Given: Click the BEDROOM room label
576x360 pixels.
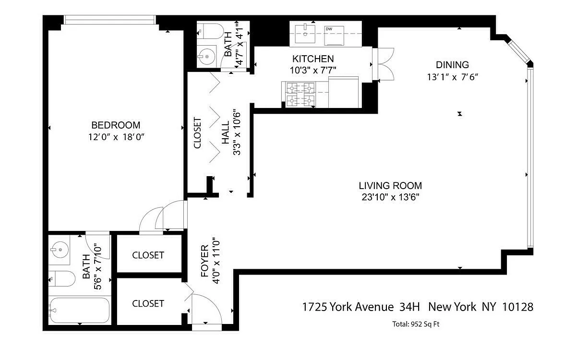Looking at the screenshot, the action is click(116, 125).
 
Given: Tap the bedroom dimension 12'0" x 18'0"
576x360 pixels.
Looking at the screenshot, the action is click(116, 137).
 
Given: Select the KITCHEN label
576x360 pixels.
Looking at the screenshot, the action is click(313, 59).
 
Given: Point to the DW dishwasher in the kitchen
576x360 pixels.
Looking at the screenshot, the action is click(334, 36).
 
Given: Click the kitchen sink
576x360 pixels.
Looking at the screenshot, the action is click(305, 34).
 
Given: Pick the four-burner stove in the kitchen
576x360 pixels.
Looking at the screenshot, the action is click(300, 95).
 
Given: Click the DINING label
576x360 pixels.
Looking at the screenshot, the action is click(452, 65).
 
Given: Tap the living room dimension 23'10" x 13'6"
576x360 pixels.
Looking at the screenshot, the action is click(390, 197).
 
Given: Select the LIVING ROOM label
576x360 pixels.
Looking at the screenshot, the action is click(390, 186).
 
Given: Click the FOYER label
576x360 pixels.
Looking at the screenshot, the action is click(204, 261).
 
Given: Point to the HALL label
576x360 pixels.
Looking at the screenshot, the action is click(226, 132).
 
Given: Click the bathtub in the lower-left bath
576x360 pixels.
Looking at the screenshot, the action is click(80, 311).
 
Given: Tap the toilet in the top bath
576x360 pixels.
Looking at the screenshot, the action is click(211, 31).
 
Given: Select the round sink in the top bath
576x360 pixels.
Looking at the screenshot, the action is click(207, 57).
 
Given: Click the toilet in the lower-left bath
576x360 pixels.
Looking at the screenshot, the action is click(62, 279).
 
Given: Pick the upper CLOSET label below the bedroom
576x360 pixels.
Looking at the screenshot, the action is click(148, 255).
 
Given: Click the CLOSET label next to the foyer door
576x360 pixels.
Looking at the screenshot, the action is click(148, 304).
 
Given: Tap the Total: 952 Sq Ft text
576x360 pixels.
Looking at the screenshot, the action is click(416, 324).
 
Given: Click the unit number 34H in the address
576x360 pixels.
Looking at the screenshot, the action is click(409, 307).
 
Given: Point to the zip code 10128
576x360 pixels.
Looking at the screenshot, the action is click(517, 307).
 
